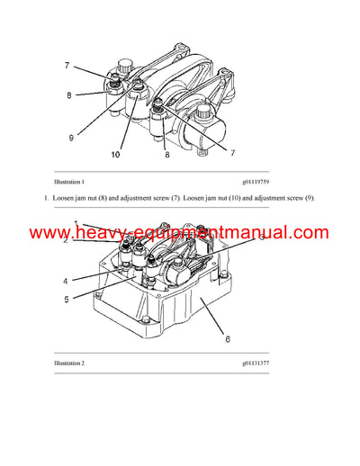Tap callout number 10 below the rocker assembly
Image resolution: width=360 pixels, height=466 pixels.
coord(115,154)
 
